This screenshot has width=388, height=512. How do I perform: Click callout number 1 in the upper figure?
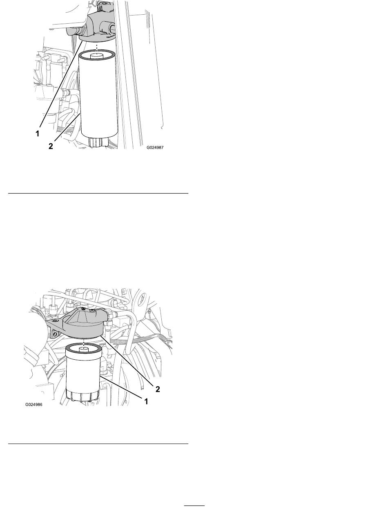pos(37,134)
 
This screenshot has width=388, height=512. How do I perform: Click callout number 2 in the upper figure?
pos(51,146)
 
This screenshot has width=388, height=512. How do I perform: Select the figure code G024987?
pos(155,147)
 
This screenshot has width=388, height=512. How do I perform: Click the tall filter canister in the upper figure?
pos(97,95)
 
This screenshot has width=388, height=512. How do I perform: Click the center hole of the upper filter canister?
pos(97,56)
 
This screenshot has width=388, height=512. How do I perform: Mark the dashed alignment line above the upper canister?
pos(97,49)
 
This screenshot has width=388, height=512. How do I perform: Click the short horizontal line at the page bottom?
pos(194,504)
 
